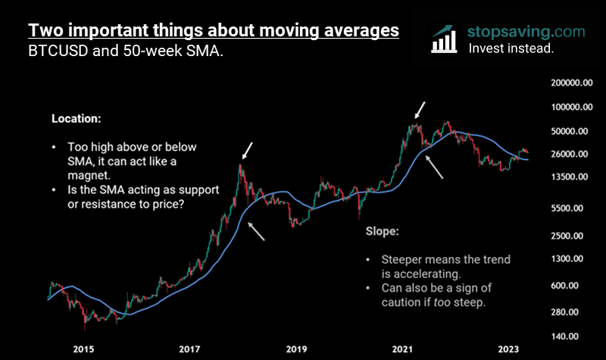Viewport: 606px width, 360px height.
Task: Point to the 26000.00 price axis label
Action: (x=569, y=154)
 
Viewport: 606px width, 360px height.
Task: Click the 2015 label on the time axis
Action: (x=83, y=349)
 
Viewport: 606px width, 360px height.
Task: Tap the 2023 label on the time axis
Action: (x=508, y=349)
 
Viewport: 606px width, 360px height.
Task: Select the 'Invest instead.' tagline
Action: (x=511, y=48)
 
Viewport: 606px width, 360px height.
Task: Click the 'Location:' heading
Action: (x=75, y=119)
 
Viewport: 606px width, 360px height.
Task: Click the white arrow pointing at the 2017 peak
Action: (x=247, y=149)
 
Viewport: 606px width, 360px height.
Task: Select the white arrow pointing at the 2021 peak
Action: (x=419, y=110)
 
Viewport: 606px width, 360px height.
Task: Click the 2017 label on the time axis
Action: (x=189, y=349)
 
